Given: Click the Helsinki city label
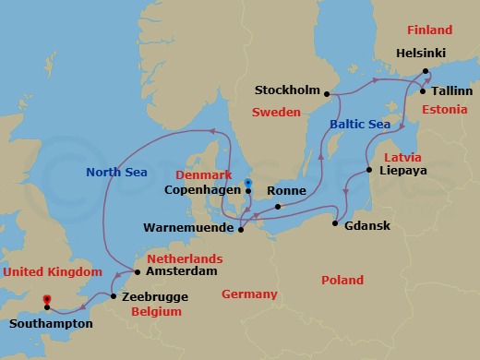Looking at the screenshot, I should (x=422, y=54).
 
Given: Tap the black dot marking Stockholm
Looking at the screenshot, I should (x=328, y=91).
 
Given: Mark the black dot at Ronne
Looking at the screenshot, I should (x=278, y=205).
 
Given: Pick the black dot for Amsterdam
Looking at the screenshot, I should (x=137, y=272).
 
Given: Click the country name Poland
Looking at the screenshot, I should (x=342, y=280).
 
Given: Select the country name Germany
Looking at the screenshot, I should (x=249, y=294).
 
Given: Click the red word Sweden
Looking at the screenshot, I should (x=277, y=112).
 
